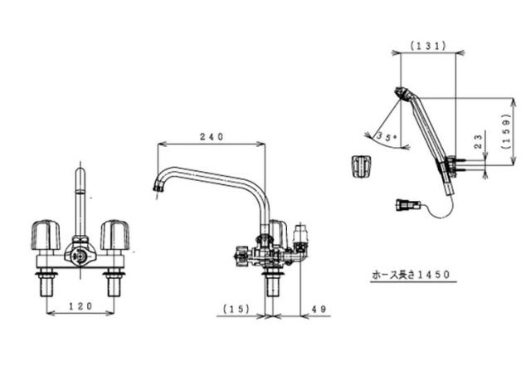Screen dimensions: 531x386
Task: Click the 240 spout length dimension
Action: tap(212, 137)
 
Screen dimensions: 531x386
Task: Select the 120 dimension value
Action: tap(80, 306)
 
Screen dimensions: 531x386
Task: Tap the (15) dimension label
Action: tap(236, 309)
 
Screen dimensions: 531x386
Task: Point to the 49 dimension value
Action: tap(319, 309)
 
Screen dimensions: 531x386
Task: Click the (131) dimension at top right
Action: tap(428, 46)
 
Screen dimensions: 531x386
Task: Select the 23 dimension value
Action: tap(478, 141)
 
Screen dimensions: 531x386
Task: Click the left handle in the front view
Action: tap(46, 235)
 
